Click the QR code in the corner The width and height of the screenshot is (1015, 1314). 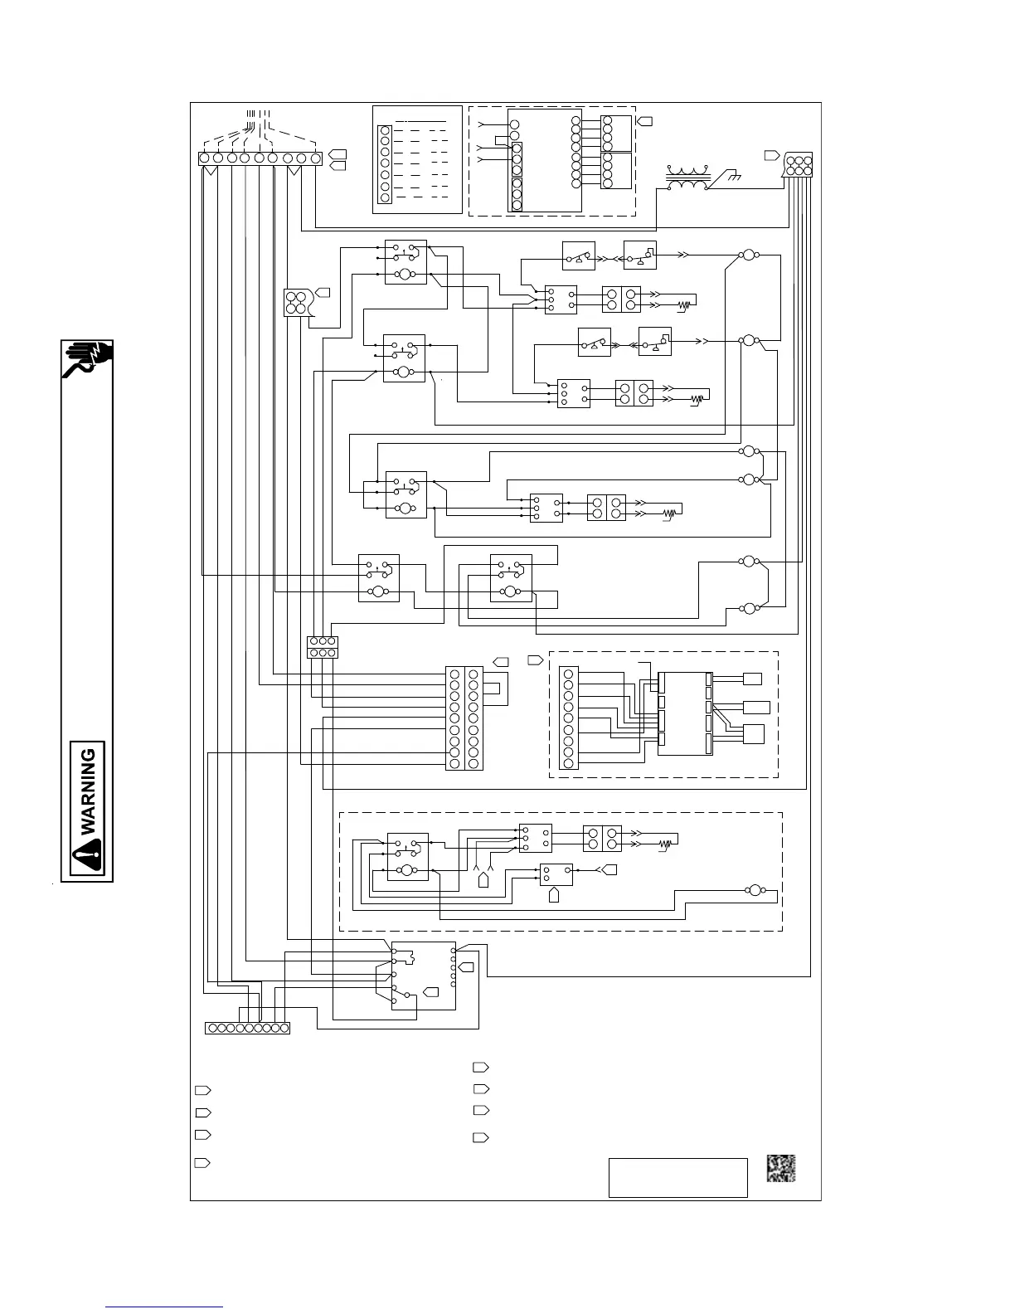(780, 1168)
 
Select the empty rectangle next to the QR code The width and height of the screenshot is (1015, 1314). (677, 1178)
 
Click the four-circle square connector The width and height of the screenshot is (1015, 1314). (295, 303)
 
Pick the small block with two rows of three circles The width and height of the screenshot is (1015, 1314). (322, 647)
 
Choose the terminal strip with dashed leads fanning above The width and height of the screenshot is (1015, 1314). (260, 158)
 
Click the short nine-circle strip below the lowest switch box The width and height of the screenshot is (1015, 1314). (247, 1029)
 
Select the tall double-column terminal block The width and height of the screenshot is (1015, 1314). (464, 718)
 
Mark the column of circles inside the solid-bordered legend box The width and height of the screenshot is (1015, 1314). (385, 163)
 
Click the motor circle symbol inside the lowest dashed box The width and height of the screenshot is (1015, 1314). (755, 890)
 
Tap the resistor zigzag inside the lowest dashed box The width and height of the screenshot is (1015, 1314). (664, 844)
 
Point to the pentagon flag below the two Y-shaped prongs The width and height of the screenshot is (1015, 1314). (483, 879)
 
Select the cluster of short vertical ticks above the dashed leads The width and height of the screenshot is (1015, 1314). (259, 114)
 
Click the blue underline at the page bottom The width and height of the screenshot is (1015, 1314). (166, 1307)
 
